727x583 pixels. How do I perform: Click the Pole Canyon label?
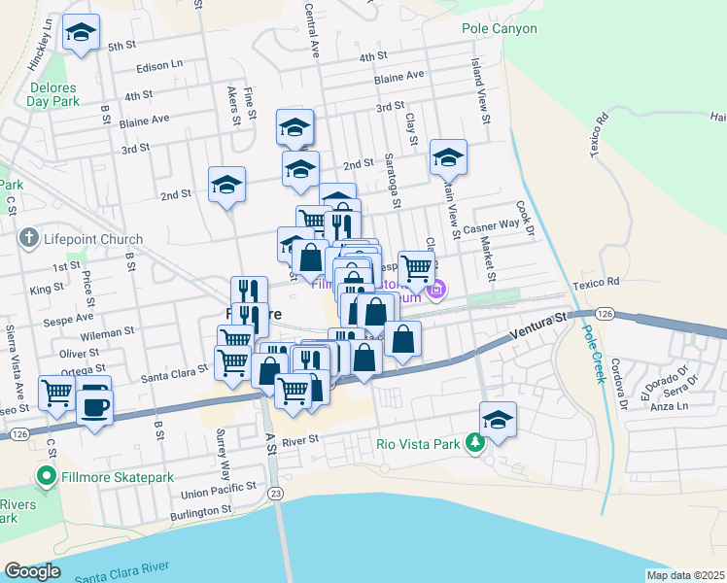click(500, 28)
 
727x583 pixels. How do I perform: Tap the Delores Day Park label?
click(52, 92)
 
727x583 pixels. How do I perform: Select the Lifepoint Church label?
click(93, 239)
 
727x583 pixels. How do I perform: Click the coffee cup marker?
click(94, 407)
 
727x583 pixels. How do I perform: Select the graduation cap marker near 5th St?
click(81, 34)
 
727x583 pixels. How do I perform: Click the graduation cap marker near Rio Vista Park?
click(498, 419)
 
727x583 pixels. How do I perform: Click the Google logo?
click(32, 571)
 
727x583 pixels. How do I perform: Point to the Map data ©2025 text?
click(685, 574)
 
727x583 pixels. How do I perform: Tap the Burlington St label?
click(207, 511)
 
